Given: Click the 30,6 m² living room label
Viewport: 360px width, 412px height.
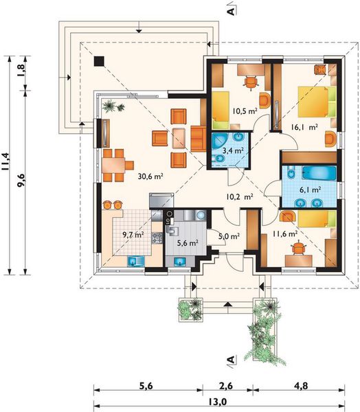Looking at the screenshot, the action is click(x=150, y=176).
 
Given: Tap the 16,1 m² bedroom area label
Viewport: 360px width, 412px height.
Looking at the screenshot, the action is click(x=304, y=128).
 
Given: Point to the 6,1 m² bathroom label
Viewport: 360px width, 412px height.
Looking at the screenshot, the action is click(x=310, y=190).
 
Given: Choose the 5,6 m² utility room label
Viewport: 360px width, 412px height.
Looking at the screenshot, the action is click(x=188, y=243).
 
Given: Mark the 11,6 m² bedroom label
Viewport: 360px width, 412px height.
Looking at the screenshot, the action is click(x=285, y=233).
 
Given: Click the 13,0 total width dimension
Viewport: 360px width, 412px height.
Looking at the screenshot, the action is click(x=218, y=402).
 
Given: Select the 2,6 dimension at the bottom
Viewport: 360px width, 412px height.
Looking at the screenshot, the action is click(x=225, y=386).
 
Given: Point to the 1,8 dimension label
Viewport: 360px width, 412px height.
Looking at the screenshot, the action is click(x=21, y=70).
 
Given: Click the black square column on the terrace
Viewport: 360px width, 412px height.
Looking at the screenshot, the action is click(x=99, y=61).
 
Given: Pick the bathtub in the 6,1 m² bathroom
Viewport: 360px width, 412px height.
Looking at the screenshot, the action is click(x=319, y=173).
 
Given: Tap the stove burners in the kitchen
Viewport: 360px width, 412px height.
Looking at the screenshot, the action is click(x=157, y=238).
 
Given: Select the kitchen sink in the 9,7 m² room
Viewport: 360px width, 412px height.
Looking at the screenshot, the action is click(x=136, y=262).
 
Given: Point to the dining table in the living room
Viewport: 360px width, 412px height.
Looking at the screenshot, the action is click(x=113, y=165).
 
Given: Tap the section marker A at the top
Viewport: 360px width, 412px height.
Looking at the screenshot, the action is click(x=231, y=11).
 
